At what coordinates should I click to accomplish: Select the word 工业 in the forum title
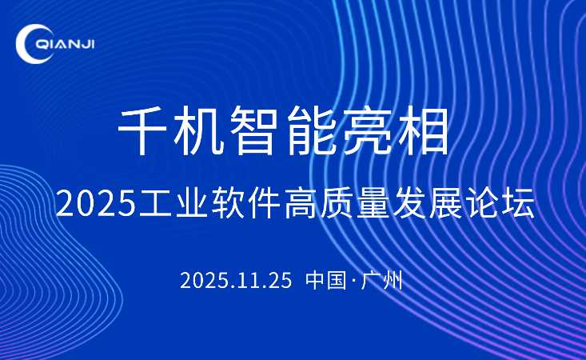pos(169,204)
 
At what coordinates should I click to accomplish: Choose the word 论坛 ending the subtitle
pos(503,204)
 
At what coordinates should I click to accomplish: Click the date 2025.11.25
pos(235,281)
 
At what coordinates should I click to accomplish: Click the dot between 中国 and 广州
pos(353,282)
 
